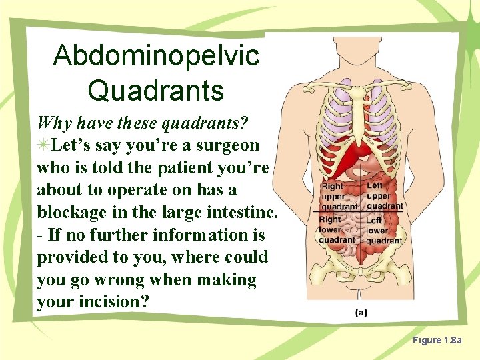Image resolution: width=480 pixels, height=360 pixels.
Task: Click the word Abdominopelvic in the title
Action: pyautogui.click(x=156, y=56)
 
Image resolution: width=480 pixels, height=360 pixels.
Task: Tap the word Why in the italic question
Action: pyautogui.click(x=53, y=123)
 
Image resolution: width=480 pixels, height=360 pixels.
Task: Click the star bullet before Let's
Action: pyautogui.click(x=43, y=145)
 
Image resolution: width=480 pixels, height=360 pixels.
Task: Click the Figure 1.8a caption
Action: pyautogui.click(x=437, y=341)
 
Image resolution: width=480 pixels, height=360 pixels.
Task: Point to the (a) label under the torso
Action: pyautogui.click(x=361, y=312)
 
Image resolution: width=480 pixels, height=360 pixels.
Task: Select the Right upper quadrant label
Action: pyautogui.click(x=339, y=197)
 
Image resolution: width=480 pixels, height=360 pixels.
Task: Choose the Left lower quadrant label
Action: pyautogui.click(x=383, y=230)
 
